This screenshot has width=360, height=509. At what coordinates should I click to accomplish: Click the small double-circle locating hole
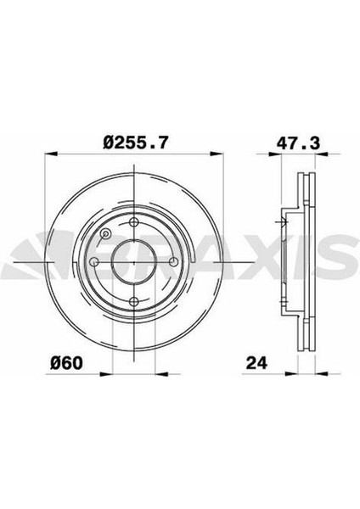(104, 235)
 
